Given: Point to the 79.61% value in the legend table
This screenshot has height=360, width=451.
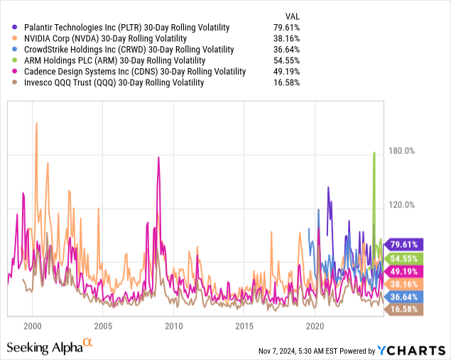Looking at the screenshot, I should [286, 28].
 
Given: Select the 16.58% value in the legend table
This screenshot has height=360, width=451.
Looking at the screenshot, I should [286, 82].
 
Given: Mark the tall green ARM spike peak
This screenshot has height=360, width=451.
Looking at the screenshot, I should [374, 153].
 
